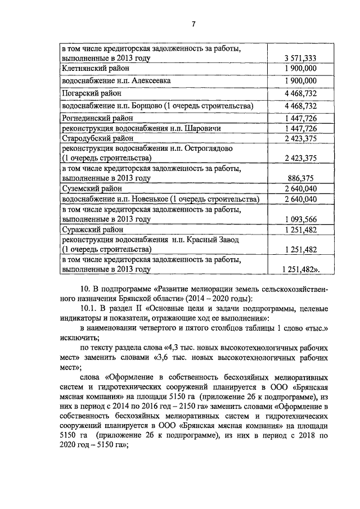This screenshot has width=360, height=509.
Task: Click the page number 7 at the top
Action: click(193, 24)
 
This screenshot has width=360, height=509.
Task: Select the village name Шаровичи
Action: click(202, 128)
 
